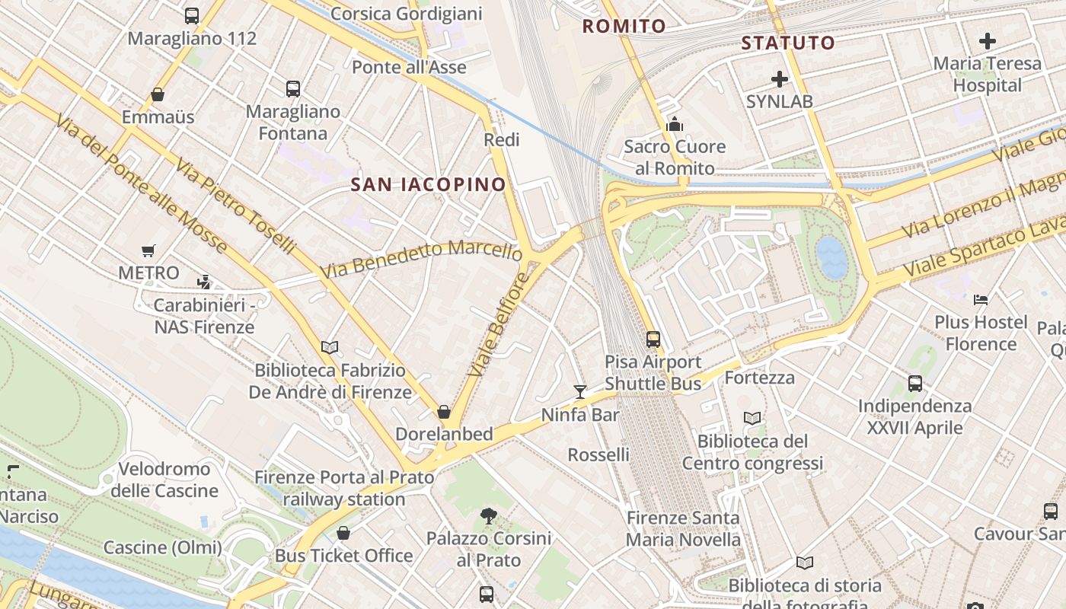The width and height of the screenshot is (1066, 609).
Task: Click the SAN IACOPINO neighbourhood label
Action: (x=428, y=184)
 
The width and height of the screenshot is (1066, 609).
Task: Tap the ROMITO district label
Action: (x=624, y=27)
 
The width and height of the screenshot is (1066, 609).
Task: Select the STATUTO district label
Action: (x=788, y=43)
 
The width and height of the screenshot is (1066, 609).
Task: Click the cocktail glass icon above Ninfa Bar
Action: (x=580, y=392)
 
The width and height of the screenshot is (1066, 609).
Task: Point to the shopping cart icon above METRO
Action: (x=148, y=250)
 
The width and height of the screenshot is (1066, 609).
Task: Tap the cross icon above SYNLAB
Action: (x=779, y=79)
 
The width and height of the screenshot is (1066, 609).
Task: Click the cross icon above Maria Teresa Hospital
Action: (x=987, y=41)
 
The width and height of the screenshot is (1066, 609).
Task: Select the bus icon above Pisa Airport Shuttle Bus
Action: (x=653, y=340)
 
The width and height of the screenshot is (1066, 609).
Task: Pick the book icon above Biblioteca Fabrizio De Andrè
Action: (x=330, y=348)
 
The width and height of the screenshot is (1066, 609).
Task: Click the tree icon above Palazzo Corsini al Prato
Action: (x=489, y=516)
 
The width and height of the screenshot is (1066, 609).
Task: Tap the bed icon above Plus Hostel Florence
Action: (x=981, y=299)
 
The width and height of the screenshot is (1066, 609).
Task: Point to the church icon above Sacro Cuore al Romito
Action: (x=674, y=124)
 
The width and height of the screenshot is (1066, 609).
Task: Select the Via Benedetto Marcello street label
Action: (x=420, y=259)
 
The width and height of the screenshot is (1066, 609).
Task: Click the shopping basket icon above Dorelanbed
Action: (x=444, y=412)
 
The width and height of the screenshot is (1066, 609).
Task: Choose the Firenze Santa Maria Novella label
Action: (x=683, y=528)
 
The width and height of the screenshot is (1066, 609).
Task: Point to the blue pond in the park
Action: (x=831, y=257)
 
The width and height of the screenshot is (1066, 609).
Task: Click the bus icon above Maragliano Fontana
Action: (x=293, y=89)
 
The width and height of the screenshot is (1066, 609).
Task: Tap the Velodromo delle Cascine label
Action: (x=164, y=480)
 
